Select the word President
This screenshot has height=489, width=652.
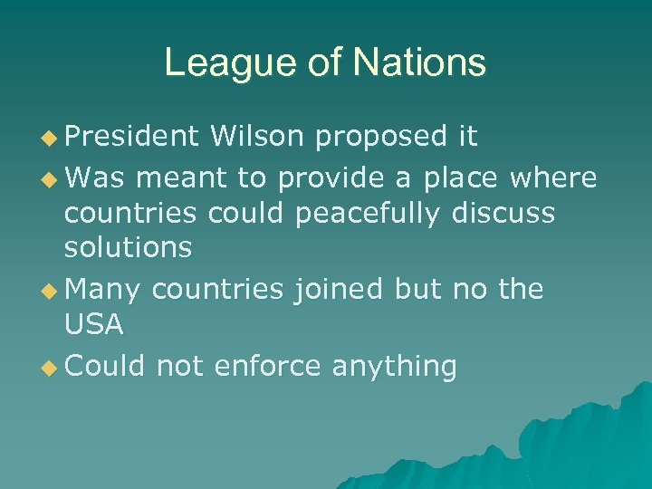(131, 137)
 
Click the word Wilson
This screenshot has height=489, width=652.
(256, 137)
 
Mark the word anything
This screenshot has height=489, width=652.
(394, 368)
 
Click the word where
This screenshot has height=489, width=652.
(553, 177)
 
